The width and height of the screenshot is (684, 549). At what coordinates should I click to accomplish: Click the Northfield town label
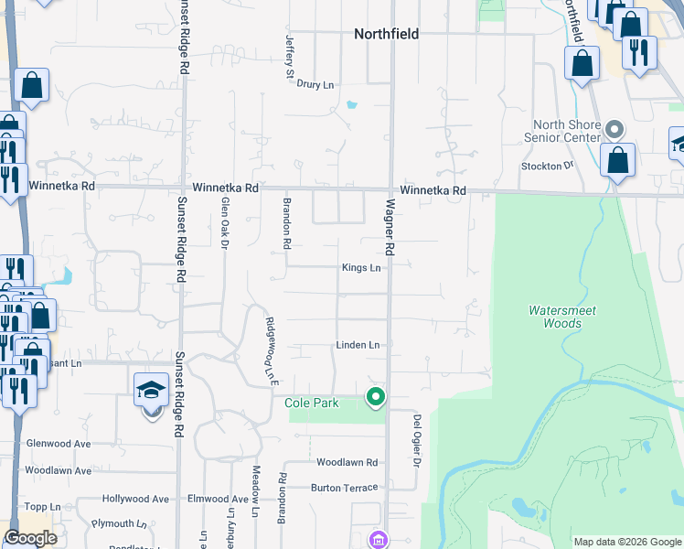386,34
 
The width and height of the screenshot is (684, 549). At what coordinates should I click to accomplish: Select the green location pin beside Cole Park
375,397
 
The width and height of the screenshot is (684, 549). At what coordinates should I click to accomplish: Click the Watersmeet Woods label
562,317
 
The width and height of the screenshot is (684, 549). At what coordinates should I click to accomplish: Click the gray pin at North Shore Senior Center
615,129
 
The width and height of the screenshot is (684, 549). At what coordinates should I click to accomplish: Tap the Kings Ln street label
360,268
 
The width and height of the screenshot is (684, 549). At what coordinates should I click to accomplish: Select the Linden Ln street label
358,345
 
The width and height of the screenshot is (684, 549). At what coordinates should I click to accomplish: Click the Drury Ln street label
315,84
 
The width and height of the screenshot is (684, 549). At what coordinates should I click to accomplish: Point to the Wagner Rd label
390,228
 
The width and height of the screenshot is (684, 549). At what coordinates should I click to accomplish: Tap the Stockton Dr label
546,166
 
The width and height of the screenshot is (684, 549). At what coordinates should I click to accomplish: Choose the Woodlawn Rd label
347,462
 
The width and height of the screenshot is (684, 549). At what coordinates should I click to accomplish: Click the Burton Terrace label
344,488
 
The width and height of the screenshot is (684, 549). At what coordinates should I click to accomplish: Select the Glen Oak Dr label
223,223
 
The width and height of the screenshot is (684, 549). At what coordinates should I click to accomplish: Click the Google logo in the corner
30,538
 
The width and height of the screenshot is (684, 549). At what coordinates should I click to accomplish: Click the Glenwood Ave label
59,444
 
